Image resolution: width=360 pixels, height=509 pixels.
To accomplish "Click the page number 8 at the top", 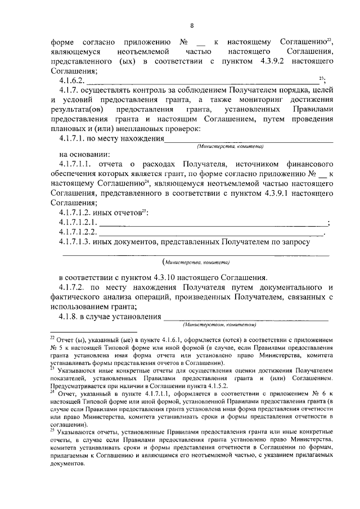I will pos(192,25).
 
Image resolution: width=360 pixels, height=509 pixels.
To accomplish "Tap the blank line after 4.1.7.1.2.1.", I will pos(214,223).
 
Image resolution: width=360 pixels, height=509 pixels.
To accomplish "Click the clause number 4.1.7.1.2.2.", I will pos(79,232).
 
